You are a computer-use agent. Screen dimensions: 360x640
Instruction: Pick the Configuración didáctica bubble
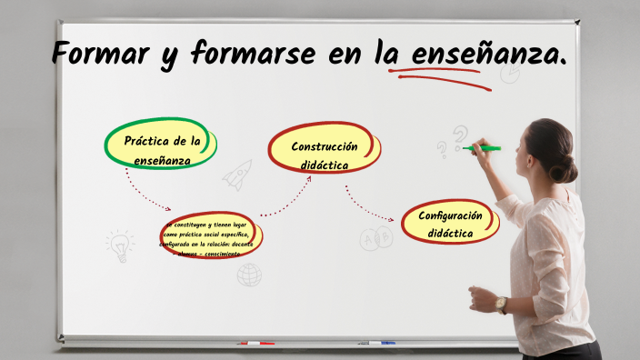[450, 224]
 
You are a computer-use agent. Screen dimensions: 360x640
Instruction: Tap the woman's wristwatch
[501, 304]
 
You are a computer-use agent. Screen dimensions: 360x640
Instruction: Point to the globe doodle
[249, 275]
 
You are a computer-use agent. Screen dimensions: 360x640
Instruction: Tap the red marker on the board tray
[255, 344]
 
